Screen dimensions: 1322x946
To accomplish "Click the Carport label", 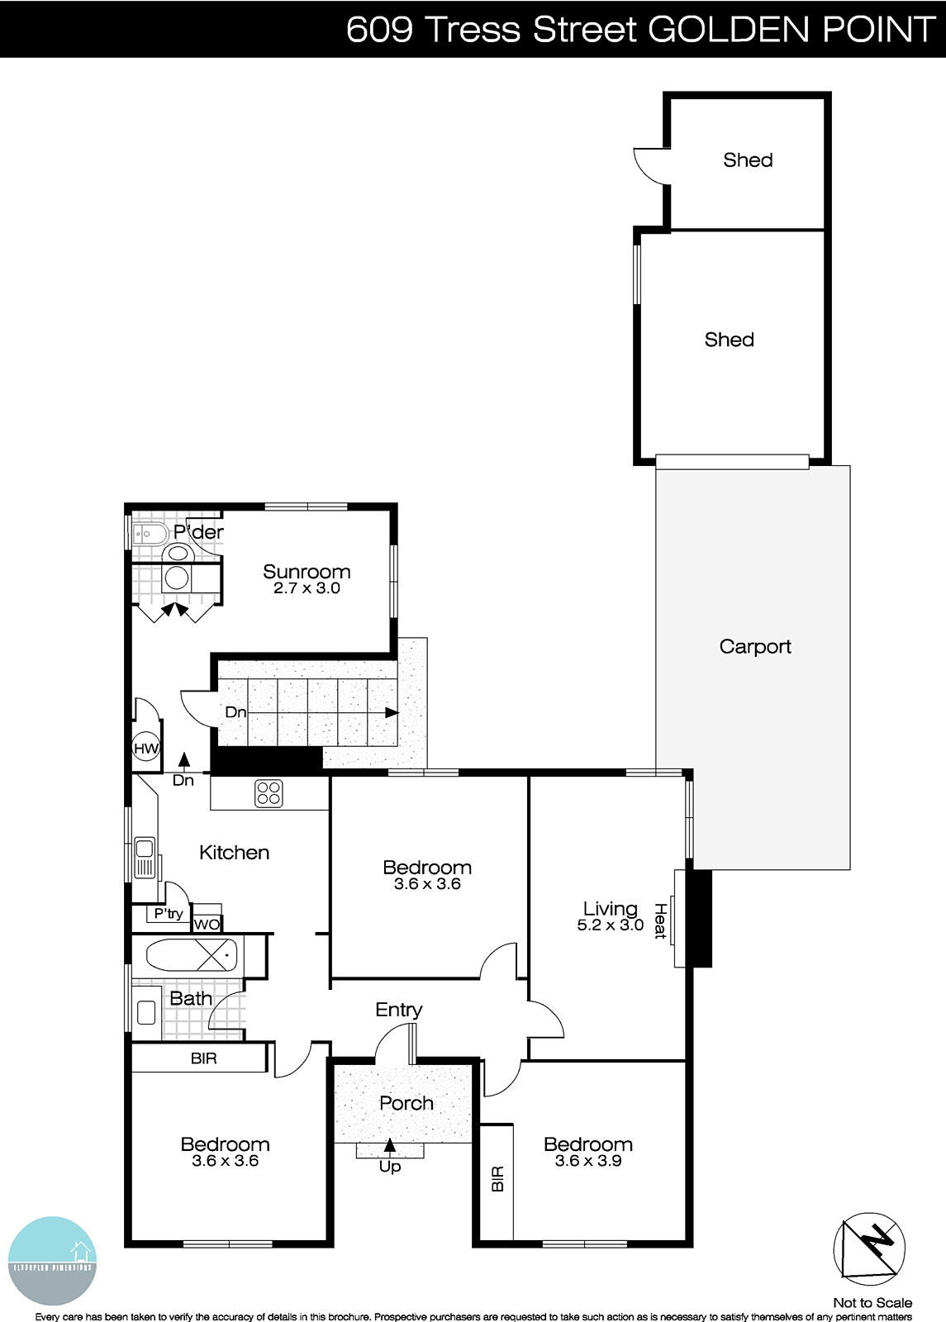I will coord(754,647).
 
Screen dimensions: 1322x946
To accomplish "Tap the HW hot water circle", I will coord(146,749).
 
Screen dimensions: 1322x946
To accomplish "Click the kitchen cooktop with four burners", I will coord(269,793).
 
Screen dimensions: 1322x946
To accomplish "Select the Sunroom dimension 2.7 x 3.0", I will coord(307,589).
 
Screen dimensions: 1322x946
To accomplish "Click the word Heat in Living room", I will coord(660,920).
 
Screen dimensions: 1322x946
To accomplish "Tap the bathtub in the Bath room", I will coord(192,956).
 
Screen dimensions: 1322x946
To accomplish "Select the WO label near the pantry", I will coord(207,925).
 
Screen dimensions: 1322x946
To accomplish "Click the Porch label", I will coord(406,1103).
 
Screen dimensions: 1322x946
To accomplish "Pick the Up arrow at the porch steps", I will coord(390,1146).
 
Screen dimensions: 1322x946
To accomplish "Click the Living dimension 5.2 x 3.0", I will coord(610,925).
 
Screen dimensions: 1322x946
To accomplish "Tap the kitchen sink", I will coord(145,857).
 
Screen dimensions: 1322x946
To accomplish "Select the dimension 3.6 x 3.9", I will coord(588,1161).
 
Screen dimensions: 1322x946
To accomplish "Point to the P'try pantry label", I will coord(169,914).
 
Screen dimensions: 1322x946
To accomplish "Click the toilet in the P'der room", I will coord(177,553).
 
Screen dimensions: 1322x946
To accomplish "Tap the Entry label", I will coord(398,1010).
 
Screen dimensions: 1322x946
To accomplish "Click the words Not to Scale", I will coord(872,1303).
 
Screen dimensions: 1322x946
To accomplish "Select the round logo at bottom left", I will coord(52,1260).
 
